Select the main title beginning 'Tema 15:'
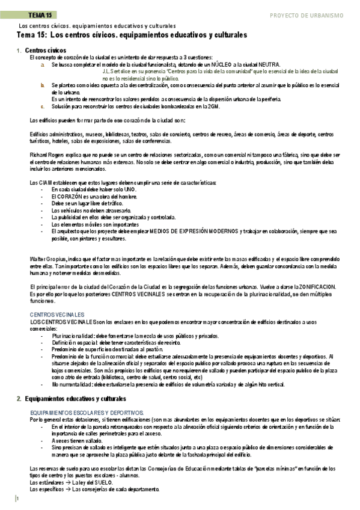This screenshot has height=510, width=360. tap(131, 35)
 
